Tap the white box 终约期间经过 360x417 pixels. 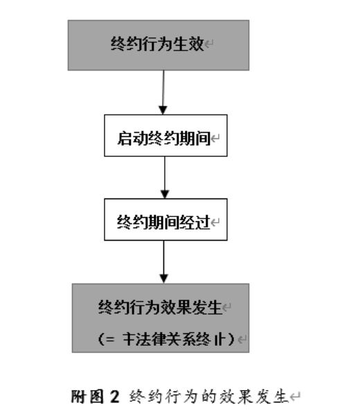click(165, 221)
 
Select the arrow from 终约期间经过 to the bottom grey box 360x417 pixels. click(163, 261)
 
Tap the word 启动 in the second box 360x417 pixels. click(128, 138)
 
